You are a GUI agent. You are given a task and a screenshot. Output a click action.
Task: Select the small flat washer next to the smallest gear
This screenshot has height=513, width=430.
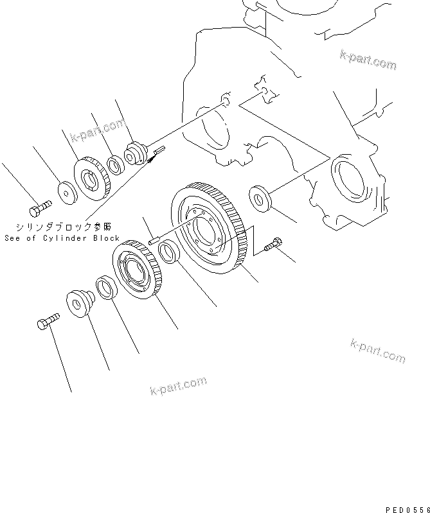click(x=65, y=191)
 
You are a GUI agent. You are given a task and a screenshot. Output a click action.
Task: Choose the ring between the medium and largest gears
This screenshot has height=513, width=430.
click(x=168, y=250)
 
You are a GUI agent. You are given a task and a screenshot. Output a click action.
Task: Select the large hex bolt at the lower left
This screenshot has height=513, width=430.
click(x=46, y=321)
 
